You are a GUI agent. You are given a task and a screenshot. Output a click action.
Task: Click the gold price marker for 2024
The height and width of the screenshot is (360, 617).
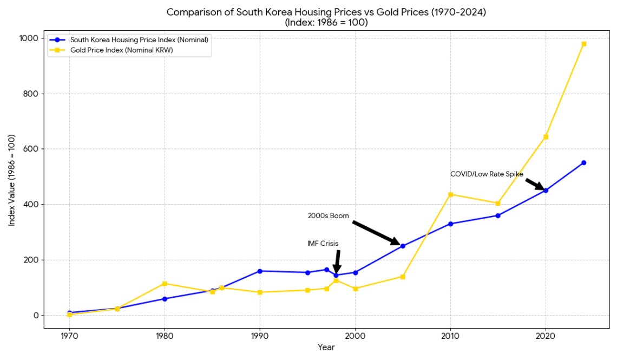tap(583, 44)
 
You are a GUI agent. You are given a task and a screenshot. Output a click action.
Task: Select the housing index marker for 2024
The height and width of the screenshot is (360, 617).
tap(583, 162)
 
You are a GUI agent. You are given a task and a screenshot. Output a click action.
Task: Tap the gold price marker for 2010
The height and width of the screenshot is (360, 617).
tap(450, 194)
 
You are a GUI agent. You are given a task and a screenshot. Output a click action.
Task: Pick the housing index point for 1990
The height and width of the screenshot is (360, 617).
tap(260, 271)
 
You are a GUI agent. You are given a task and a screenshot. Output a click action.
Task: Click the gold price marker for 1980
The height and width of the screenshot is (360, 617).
tap(165, 284)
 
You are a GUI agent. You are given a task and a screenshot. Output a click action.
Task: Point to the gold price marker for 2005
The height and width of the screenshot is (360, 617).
tap(403, 277)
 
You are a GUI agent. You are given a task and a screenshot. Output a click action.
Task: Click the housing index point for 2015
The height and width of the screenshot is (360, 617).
tap(498, 215)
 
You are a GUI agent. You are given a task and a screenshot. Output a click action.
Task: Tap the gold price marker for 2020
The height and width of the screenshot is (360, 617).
tap(546, 136)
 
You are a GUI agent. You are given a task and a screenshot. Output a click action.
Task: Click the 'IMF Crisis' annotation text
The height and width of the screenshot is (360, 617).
tap(323, 244)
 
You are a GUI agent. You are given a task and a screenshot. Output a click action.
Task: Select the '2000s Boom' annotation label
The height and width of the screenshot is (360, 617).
tap(329, 215)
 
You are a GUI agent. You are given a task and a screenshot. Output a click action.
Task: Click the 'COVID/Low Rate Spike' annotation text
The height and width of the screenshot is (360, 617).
tap(487, 174)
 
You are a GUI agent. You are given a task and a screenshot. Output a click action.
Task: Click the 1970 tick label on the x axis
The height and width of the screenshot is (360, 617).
tap(69, 336)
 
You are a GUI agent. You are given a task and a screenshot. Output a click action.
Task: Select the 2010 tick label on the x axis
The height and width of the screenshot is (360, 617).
tap(450, 336)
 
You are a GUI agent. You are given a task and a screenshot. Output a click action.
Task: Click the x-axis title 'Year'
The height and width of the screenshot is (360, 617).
tap(326, 347)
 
